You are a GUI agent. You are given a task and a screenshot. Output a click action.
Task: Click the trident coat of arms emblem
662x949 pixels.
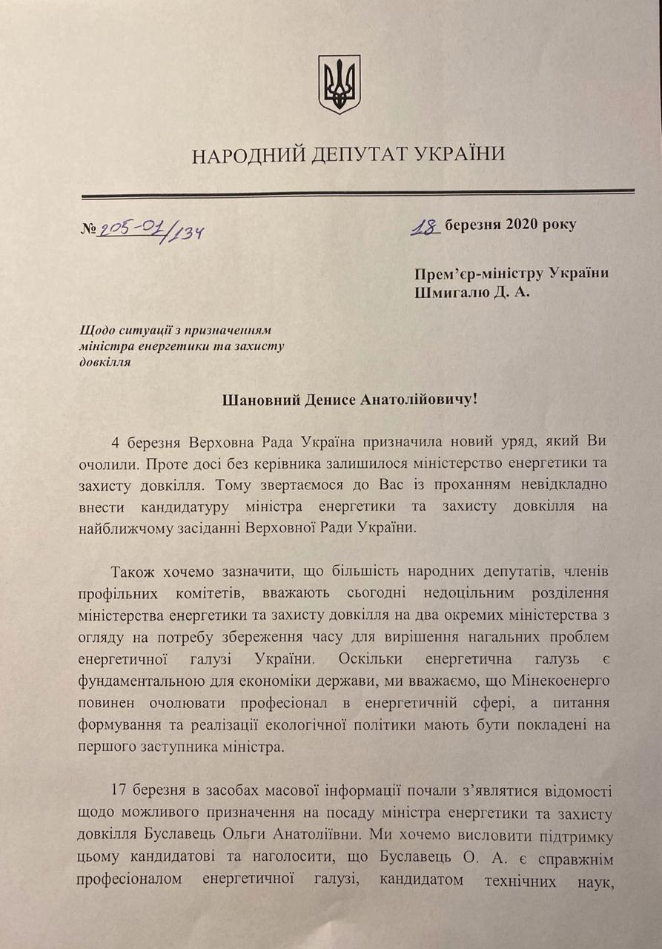(339, 84)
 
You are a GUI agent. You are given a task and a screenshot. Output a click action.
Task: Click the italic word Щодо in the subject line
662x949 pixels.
(93, 329)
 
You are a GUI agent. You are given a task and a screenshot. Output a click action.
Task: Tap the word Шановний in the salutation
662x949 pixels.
(259, 400)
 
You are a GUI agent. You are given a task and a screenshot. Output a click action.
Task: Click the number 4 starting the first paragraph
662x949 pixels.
(115, 443)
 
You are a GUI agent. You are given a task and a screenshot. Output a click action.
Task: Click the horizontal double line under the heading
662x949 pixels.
(357, 194)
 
